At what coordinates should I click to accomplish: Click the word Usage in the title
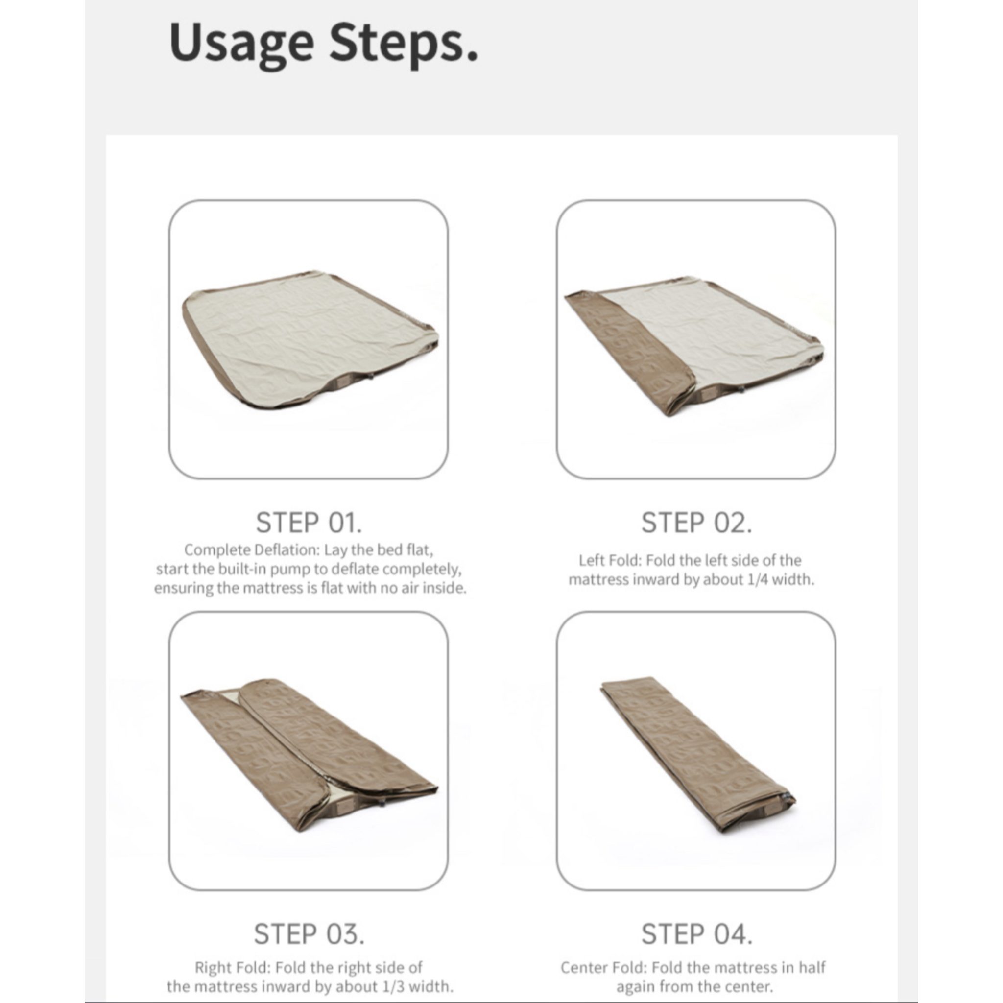pyautogui.click(x=241, y=45)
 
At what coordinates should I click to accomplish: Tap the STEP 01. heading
pyautogui.click(x=309, y=522)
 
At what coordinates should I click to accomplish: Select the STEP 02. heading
pyautogui.click(x=697, y=522)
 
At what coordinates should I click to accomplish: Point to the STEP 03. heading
pyautogui.click(x=309, y=934)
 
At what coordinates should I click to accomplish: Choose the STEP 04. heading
pyautogui.click(x=697, y=934)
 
